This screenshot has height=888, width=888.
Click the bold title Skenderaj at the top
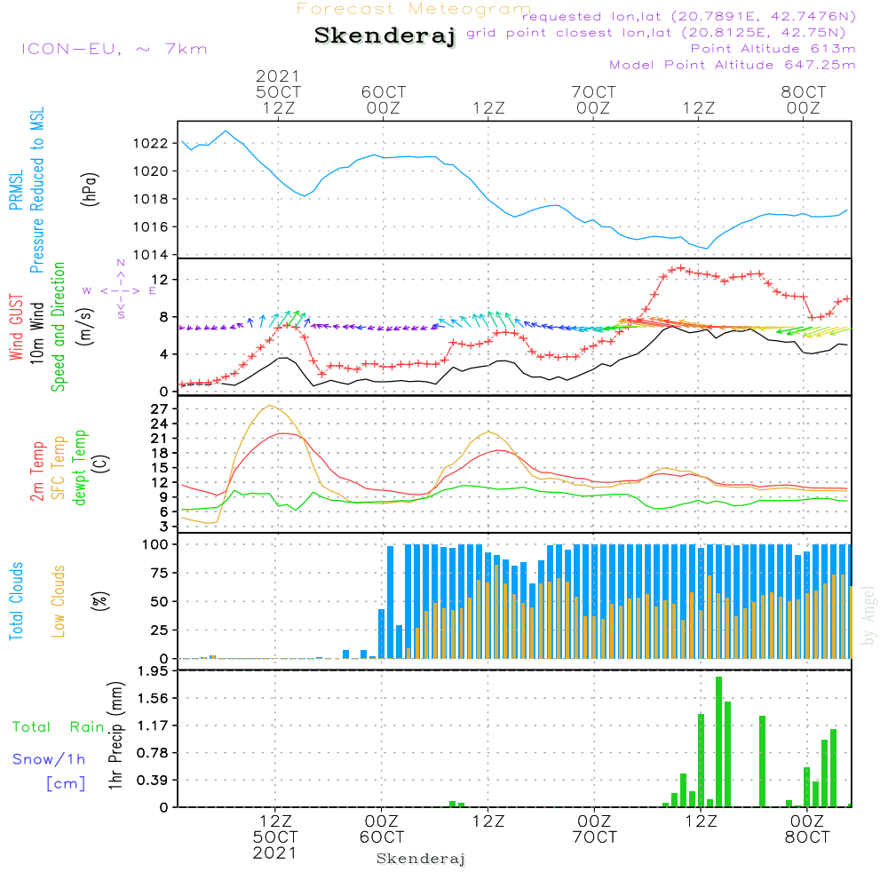point(385,36)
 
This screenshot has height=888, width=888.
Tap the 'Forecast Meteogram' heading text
point(414,9)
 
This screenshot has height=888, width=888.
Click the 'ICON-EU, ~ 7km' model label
point(114,49)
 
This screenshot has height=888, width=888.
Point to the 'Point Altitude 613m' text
point(773,49)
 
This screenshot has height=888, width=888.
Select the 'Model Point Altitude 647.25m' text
point(733,65)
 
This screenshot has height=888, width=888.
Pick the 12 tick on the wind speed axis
point(163,280)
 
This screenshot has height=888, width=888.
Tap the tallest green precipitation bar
point(718,741)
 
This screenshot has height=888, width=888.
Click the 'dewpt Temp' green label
point(80,468)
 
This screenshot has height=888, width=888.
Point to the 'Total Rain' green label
point(58,726)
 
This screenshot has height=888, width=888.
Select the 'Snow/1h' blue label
point(49,759)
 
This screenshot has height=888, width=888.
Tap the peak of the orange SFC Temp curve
point(269,406)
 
